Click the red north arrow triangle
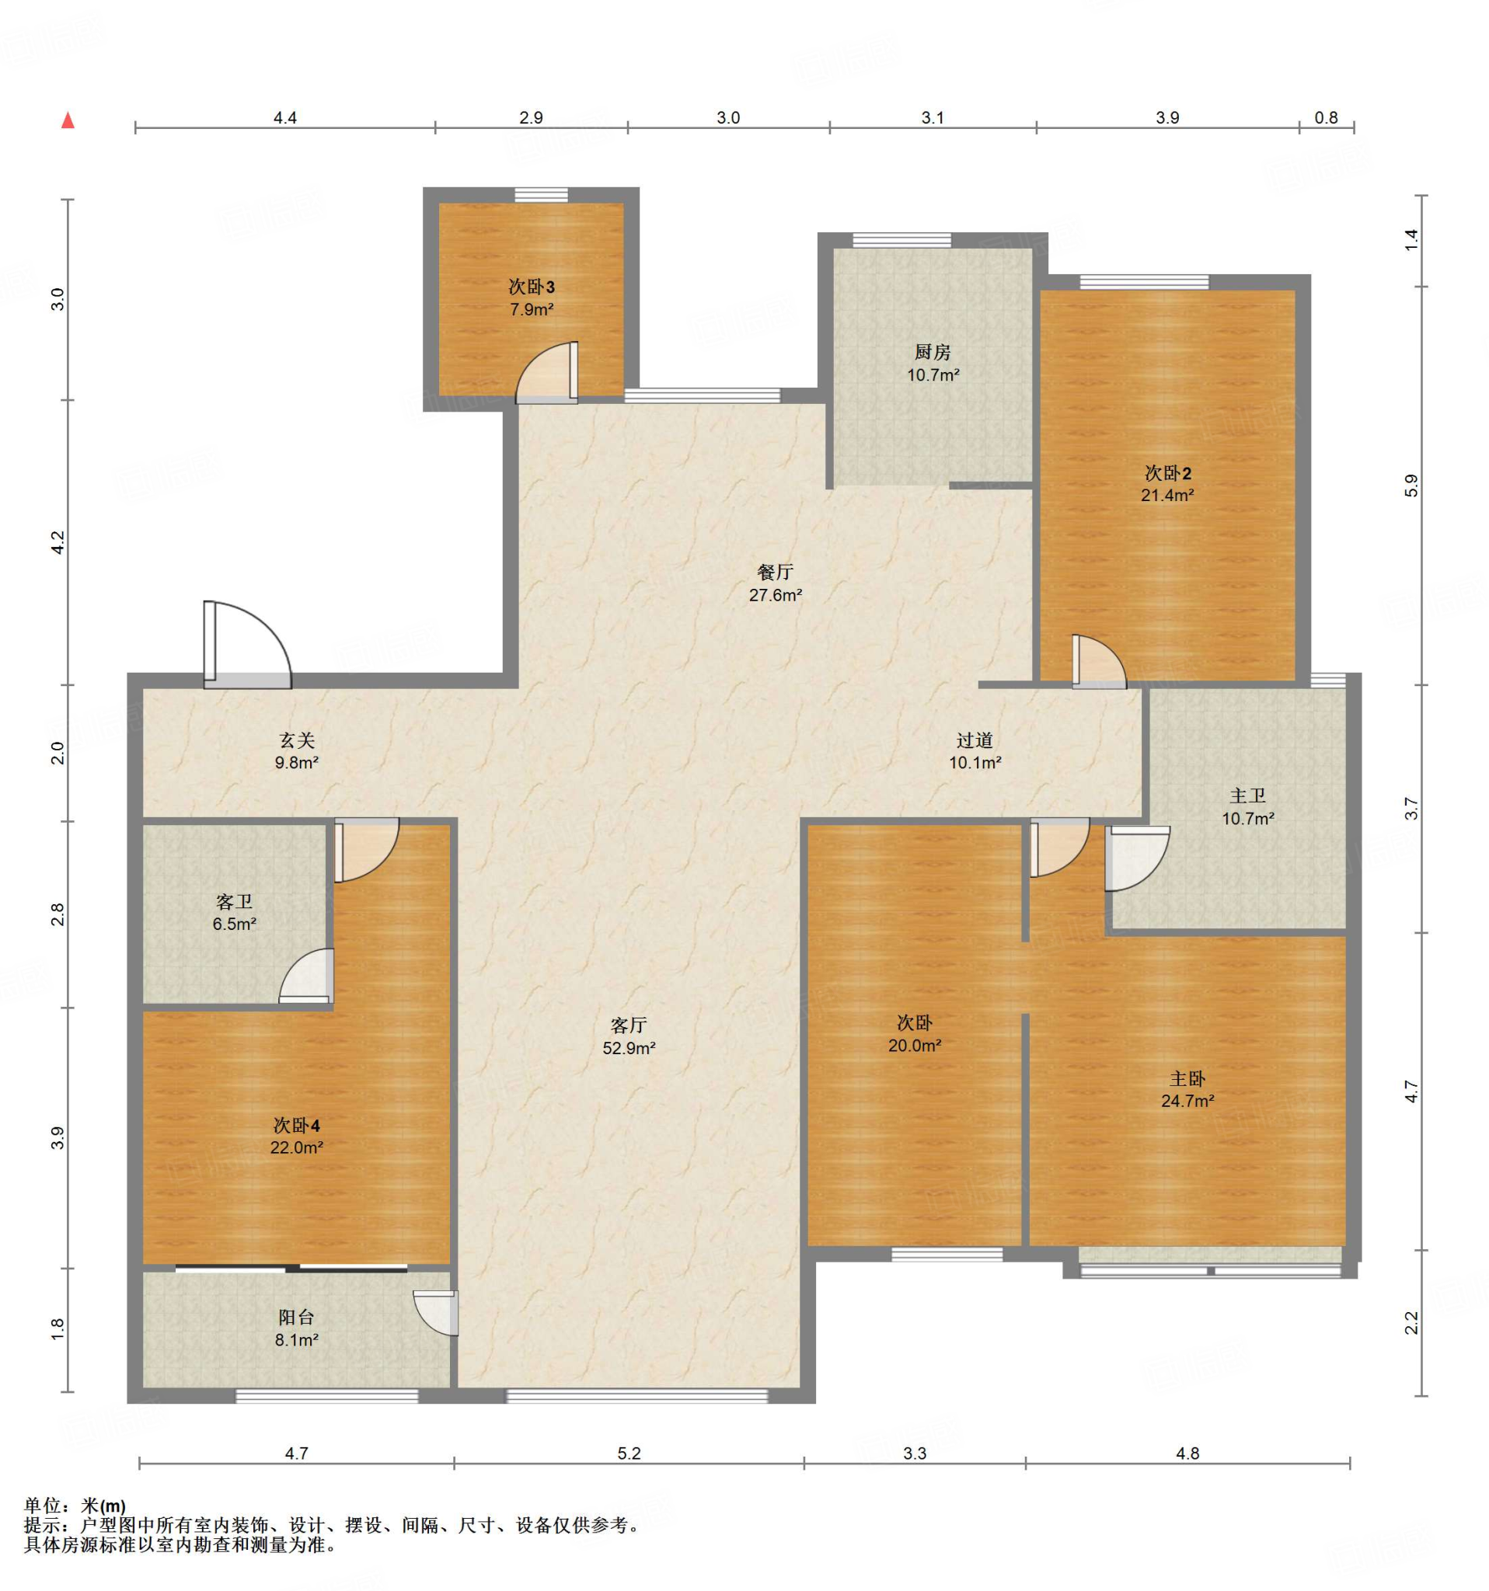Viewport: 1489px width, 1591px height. [x=68, y=121]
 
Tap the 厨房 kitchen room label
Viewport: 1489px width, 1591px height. [x=933, y=352]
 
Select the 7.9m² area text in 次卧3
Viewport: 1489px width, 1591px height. [x=532, y=309]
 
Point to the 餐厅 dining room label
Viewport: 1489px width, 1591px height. [x=775, y=573]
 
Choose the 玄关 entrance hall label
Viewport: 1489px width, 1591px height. [x=296, y=741]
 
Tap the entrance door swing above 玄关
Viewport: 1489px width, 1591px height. [x=247, y=644]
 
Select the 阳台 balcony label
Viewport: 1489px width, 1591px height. [x=296, y=1318]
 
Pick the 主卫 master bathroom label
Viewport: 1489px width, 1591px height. [x=1247, y=796]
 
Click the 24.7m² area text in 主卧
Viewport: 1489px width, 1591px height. [x=1187, y=1100]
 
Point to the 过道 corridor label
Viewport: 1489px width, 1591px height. [x=975, y=741]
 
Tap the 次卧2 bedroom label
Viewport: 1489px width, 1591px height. [x=1167, y=473]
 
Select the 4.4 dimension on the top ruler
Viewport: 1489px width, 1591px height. [x=285, y=117]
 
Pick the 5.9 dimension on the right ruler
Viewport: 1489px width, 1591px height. [x=1411, y=486]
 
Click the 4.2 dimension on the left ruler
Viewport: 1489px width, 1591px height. [x=57, y=542]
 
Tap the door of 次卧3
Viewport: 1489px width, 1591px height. [x=547, y=372]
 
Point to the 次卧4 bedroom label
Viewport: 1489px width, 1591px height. [x=296, y=1125]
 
